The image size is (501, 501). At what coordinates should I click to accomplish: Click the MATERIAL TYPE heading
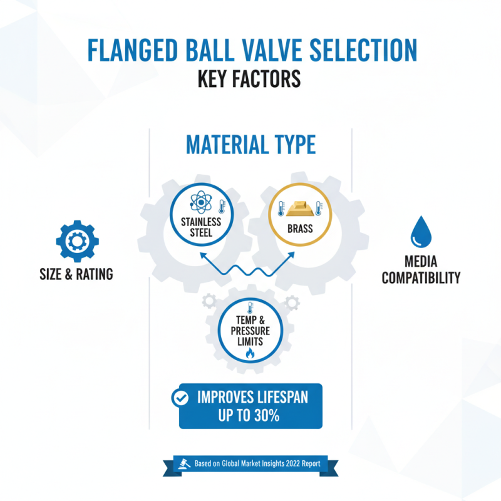(250, 145)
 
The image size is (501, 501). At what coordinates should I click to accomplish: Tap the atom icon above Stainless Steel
(200, 205)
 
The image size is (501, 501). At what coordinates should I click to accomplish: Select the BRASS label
(300, 229)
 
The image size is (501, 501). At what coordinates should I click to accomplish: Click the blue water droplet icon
(420, 233)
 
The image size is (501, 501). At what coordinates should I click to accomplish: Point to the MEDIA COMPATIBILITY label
(421, 270)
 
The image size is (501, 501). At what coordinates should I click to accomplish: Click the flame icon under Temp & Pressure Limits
(250, 353)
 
